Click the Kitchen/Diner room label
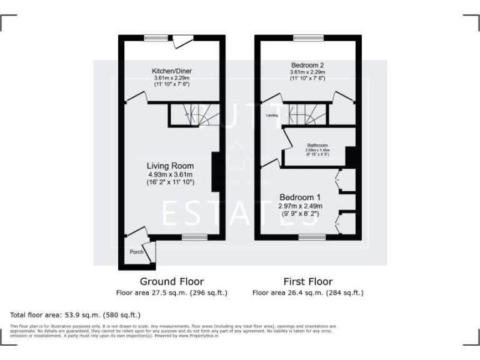point(171,71)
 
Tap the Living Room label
point(171,166)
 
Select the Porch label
point(136,252)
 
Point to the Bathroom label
point(317,146)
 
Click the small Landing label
point(272,116)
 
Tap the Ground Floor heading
point(171,281)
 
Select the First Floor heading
point(307,281)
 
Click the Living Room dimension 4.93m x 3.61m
point(171,174)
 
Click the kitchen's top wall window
point(156,38)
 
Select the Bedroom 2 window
point(304,38)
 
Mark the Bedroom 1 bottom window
point(311,237)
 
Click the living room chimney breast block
point(216,171)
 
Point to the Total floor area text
point(76,314)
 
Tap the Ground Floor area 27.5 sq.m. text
point(171,292)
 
